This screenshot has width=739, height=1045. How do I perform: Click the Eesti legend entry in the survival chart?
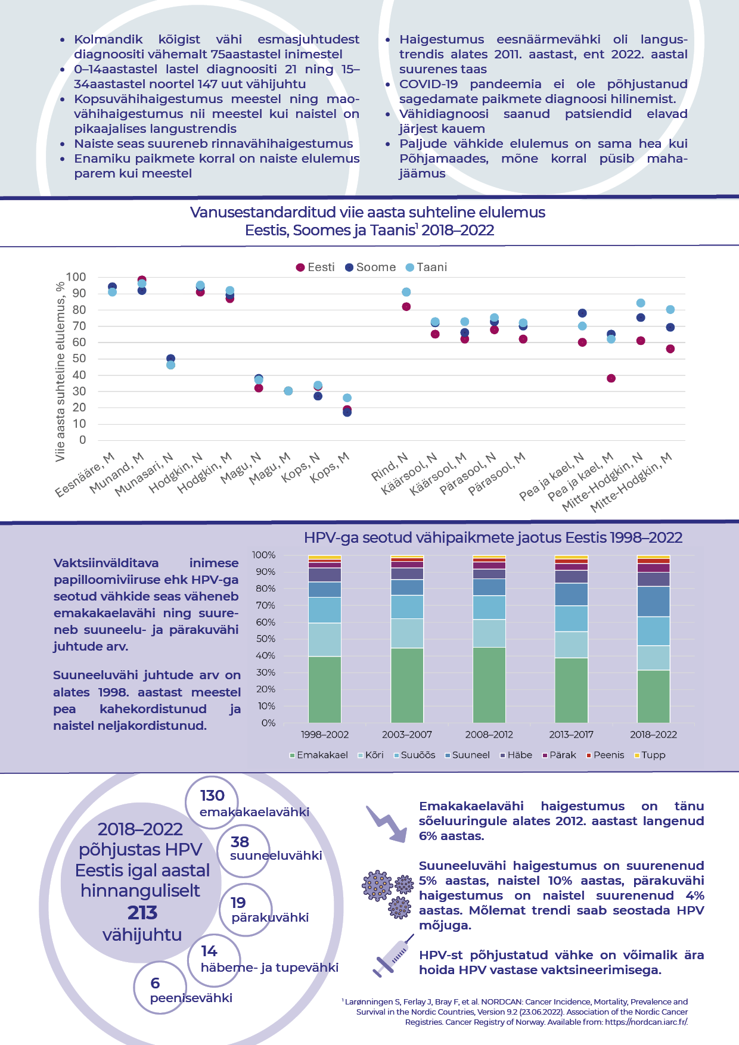(x=316, y=268)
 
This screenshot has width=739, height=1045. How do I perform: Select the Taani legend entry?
(x=426, y=268)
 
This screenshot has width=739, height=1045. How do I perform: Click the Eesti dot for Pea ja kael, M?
(x=611, y=378)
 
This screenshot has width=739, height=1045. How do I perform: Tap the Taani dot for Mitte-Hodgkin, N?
(x=641, y=303)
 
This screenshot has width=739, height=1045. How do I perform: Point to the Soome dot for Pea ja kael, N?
(x=582, y=313)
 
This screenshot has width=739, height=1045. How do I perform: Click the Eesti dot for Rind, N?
(x=406, y=307)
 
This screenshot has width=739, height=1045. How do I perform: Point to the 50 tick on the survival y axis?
(x=79, y=359)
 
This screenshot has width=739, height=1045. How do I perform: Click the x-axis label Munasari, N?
(x=145, y=474)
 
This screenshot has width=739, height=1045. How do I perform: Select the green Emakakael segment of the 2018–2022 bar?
(x=653, y=696)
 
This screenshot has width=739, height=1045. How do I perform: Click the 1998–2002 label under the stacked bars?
(x=325, y=735)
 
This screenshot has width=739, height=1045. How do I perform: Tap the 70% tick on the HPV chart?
(x=264, y=605)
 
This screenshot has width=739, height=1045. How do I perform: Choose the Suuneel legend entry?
(x=467, y=755)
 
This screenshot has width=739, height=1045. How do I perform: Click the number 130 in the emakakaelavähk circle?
(x=212, y=796)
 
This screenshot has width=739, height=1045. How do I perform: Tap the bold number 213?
(x=142, y=913)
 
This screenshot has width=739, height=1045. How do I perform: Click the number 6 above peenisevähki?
(x=155, y=983)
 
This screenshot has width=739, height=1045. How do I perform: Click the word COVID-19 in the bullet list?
(x=429, y=84)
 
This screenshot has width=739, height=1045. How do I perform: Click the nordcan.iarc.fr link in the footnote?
(x=647, y=1022)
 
